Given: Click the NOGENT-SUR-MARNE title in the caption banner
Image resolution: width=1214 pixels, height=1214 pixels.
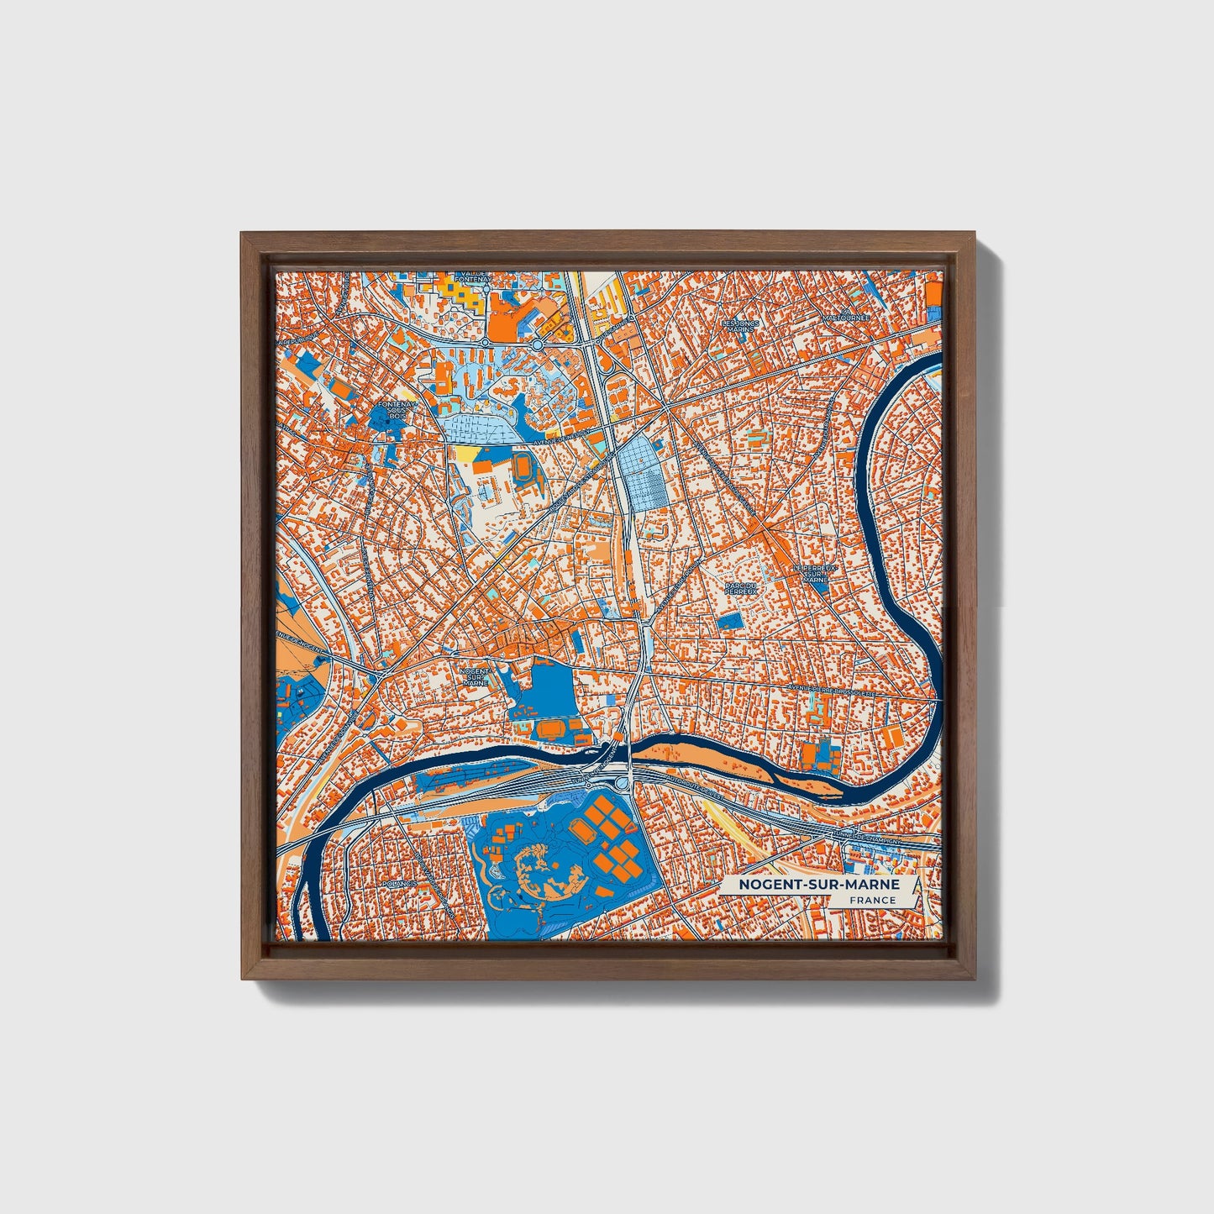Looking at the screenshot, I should click(818, 885).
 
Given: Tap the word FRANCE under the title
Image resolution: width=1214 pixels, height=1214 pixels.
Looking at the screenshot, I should click(872, 901).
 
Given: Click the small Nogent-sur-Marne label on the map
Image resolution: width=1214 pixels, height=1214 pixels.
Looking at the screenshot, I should click(476, 676).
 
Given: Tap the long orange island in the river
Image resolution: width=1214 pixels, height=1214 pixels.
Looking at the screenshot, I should click(739, 759).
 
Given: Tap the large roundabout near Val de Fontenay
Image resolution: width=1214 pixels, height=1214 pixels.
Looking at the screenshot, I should click(537, 344).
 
